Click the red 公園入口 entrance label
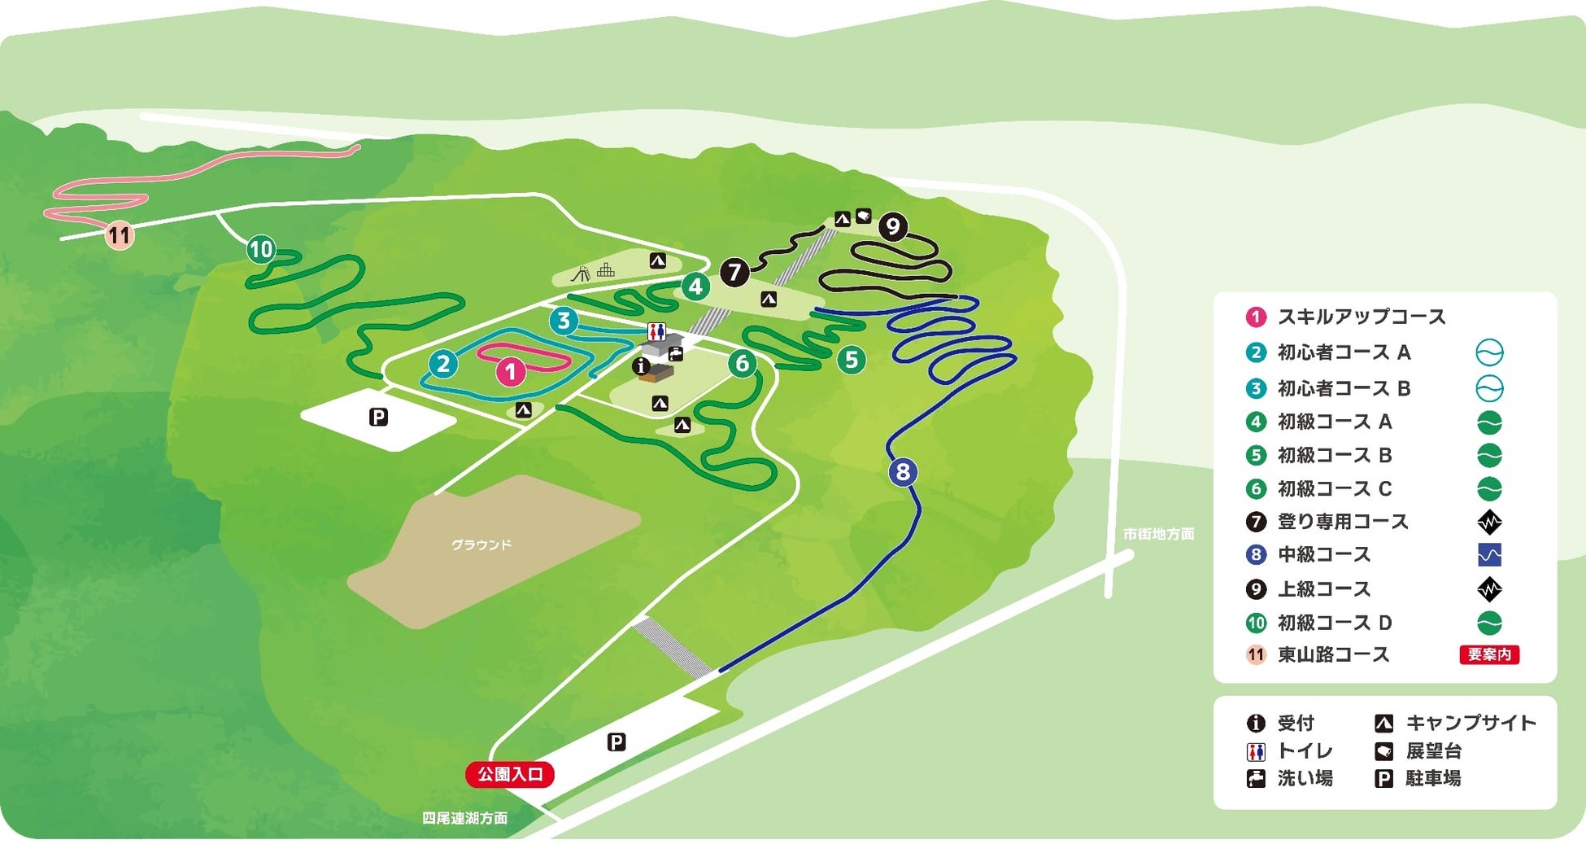pos(510,774)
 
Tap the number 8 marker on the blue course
pos(903,471)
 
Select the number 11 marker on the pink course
pos(120,236)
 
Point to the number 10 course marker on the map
pos(261,249)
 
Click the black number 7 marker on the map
pos(734,272)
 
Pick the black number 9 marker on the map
pos(893,226)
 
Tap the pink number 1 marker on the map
pos(511,372)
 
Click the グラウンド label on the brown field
pos(481,545)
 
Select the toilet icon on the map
pos(656,332)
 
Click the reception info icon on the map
pos(641,366)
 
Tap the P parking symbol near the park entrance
pos(617,742)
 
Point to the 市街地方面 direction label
pos(1158,534)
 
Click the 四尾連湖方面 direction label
pos(464,818)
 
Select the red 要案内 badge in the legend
pos(1489,654)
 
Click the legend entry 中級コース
pos(1324,555)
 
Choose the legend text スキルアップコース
pos(1362,317)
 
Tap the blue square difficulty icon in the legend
pos(1489,555)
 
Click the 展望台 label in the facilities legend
pos(1434,750)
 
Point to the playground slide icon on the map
pos(581,273)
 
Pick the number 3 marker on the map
pos(564,321)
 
